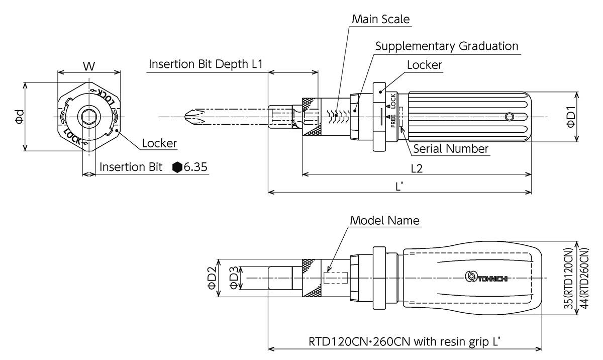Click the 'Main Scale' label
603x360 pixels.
pyautogui.click(x=380, y=20)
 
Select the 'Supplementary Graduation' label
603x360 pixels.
pyautogui.click(x=447, y=46)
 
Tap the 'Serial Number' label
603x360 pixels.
pyautogui.click(x=450, y=149)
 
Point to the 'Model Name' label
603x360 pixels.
pyautogui.click(x=384, y=220)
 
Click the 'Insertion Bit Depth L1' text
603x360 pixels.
pyautogui.click(x=206, y=64)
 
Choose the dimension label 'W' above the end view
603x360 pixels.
pyautogui.click(x=89, y=66)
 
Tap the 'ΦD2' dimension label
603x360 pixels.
pyautogui.click(x=212, y=278)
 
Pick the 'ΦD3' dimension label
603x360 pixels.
pyautogui.click(x=234, y=278)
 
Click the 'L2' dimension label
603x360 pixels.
pyautogui.click(x=416, y=168)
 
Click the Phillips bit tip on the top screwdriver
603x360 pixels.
pyautogui.click(x=191, y=117)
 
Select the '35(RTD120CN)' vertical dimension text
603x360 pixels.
pyautogui.click(x=568, y=278)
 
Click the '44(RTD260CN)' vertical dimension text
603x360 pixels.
pyautogui.click(x=583, y=278)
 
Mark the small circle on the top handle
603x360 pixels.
pyautogui.click(x=510, y=117)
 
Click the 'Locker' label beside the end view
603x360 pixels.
pyautogui.click(x=159, y=143)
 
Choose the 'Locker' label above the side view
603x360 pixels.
pyautogui.click(x=424, y=65)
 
